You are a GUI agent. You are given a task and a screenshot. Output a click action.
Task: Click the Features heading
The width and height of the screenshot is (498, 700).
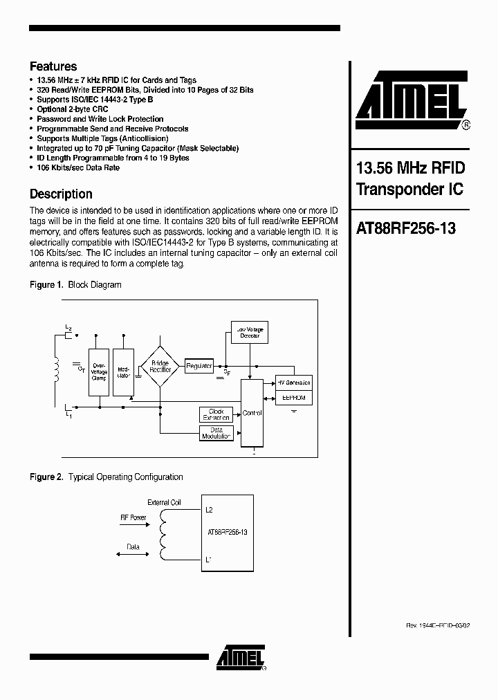coord(53,66)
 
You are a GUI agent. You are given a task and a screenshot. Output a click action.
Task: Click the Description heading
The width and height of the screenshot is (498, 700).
coord(61,194)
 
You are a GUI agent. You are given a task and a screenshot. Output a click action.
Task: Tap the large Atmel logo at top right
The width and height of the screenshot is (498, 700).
coord(411,100)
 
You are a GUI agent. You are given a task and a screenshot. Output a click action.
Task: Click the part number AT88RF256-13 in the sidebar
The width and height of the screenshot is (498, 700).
coord(405,228)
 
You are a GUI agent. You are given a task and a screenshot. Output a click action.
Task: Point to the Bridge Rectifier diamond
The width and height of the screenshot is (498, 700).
coord(160,367)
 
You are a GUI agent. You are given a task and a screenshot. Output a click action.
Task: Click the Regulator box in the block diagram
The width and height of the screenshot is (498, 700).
coord(199,366)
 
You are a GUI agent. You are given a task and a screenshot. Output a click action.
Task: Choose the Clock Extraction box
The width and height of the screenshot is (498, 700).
coord(216,415)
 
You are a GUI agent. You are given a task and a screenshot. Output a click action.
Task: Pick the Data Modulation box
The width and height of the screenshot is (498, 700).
coord(216,433)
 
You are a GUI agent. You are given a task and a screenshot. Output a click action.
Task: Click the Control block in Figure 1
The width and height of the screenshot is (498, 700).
coord(252,413)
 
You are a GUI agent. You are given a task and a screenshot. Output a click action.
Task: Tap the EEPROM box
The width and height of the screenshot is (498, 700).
coord(294,398)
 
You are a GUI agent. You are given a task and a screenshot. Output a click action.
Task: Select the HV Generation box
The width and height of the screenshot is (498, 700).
coord(294,383)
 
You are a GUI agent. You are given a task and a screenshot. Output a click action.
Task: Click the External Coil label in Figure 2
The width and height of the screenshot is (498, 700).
coord(164,503)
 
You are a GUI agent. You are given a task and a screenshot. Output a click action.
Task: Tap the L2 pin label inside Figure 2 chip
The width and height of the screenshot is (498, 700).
coord(210,510)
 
